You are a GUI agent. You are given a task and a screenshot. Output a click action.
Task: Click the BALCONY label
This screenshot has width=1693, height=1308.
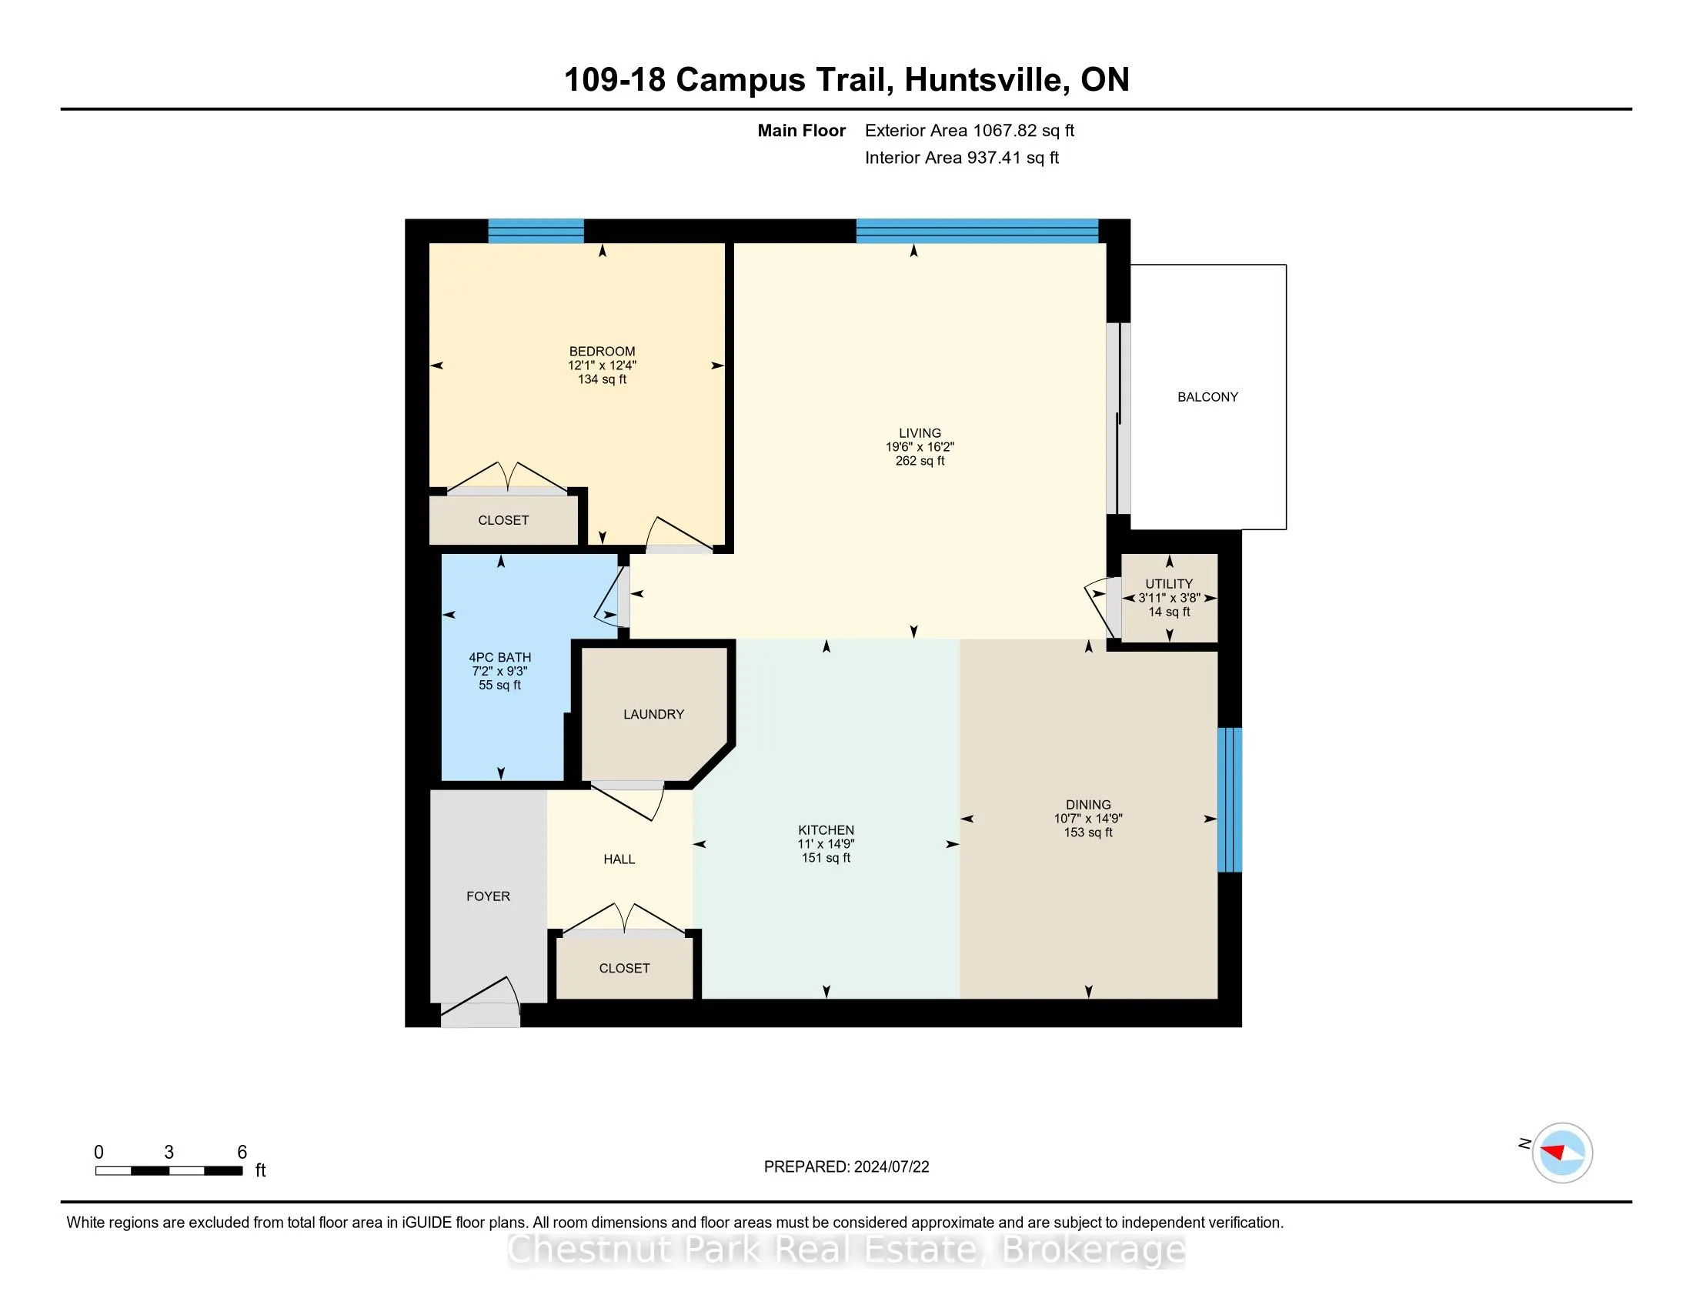(x=1207, y=397)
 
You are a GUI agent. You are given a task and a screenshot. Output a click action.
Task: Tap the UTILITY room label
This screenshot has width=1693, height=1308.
(x=1169, y=583)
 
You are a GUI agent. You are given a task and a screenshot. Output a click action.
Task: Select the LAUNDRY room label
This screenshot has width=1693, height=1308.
(x=653, y=714)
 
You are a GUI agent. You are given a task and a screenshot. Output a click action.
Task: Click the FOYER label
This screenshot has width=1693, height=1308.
(x=488, y=896)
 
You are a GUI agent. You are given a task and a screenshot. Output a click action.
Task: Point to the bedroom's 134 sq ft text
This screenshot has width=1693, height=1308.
(x=602, y=379)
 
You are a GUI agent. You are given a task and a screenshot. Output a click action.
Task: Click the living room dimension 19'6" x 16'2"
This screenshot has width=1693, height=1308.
(x=920, y=447)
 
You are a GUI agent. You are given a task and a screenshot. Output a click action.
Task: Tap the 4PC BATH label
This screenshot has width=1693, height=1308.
(x=499, y=657)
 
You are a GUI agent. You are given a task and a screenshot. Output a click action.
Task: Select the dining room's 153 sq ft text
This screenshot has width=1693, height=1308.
(x=1087, y=833)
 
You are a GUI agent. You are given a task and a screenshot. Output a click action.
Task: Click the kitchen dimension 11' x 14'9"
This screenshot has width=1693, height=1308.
(x=826, y=844)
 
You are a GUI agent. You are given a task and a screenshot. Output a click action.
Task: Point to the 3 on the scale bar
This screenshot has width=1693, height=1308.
(x=169, y=1153)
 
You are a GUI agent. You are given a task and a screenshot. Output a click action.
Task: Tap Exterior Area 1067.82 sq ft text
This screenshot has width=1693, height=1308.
(x=969, y=130)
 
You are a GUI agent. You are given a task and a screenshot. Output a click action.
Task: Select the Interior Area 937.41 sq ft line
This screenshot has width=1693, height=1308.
(x=961, y=157)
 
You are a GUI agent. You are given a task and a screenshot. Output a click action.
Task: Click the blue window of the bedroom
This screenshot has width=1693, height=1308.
(x=536, y=231)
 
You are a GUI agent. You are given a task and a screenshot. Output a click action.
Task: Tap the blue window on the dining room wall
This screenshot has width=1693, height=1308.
(x=1230, y=799)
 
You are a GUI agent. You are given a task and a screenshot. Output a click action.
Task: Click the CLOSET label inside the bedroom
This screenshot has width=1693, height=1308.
(x=503, y=520)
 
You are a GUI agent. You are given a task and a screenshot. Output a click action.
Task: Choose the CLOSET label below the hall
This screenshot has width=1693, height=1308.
(x=624, y=968)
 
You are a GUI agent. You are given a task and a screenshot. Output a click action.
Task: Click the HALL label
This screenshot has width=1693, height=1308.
(x=619, y=859)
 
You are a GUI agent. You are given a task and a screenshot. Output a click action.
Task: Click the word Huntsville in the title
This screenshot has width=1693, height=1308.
(x=983, y=80)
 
